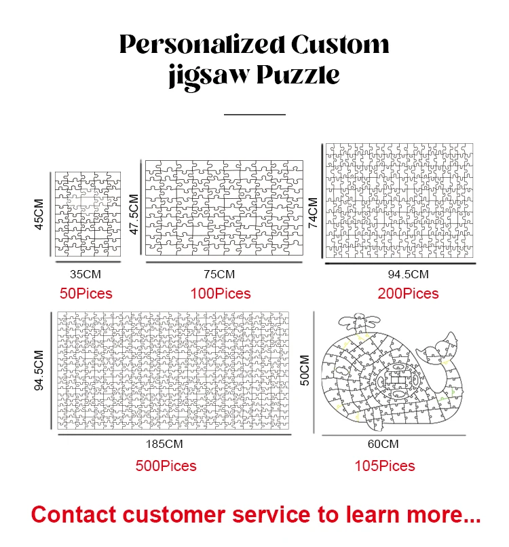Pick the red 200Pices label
408,294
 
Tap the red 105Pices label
384,466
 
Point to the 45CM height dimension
39,214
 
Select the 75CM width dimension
219,275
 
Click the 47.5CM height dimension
134,214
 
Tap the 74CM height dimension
313,214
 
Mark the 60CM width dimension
383,445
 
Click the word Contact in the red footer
73,514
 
